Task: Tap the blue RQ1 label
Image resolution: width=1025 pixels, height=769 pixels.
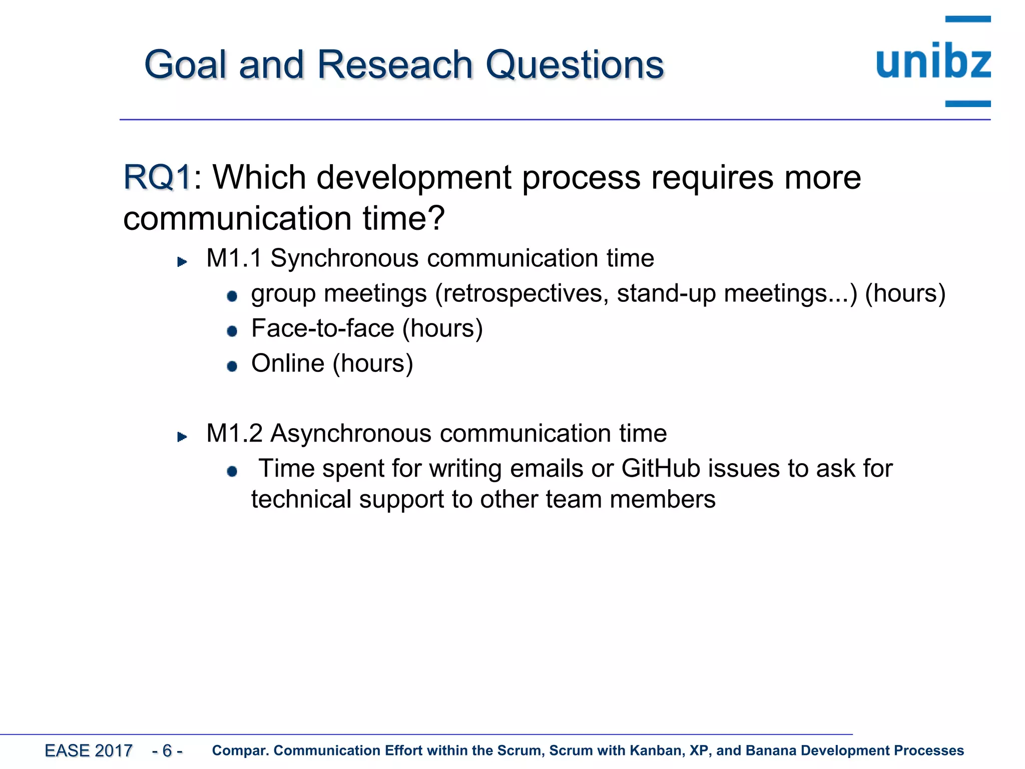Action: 157,177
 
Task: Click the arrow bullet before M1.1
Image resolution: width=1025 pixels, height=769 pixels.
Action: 182,261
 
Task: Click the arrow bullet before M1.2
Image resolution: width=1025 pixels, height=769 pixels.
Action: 182,437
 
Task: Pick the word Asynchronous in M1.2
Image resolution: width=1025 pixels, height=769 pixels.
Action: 350,434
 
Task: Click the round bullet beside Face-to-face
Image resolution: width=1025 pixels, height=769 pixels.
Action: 232,331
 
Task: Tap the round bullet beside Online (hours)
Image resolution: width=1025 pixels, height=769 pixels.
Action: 232,366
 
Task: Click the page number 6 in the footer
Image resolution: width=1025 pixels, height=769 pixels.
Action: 167,750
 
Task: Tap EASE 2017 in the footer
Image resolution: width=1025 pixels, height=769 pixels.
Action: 89,750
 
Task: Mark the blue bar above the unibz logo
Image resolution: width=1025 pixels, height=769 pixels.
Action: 967,19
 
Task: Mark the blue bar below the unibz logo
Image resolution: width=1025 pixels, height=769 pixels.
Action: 967,104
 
